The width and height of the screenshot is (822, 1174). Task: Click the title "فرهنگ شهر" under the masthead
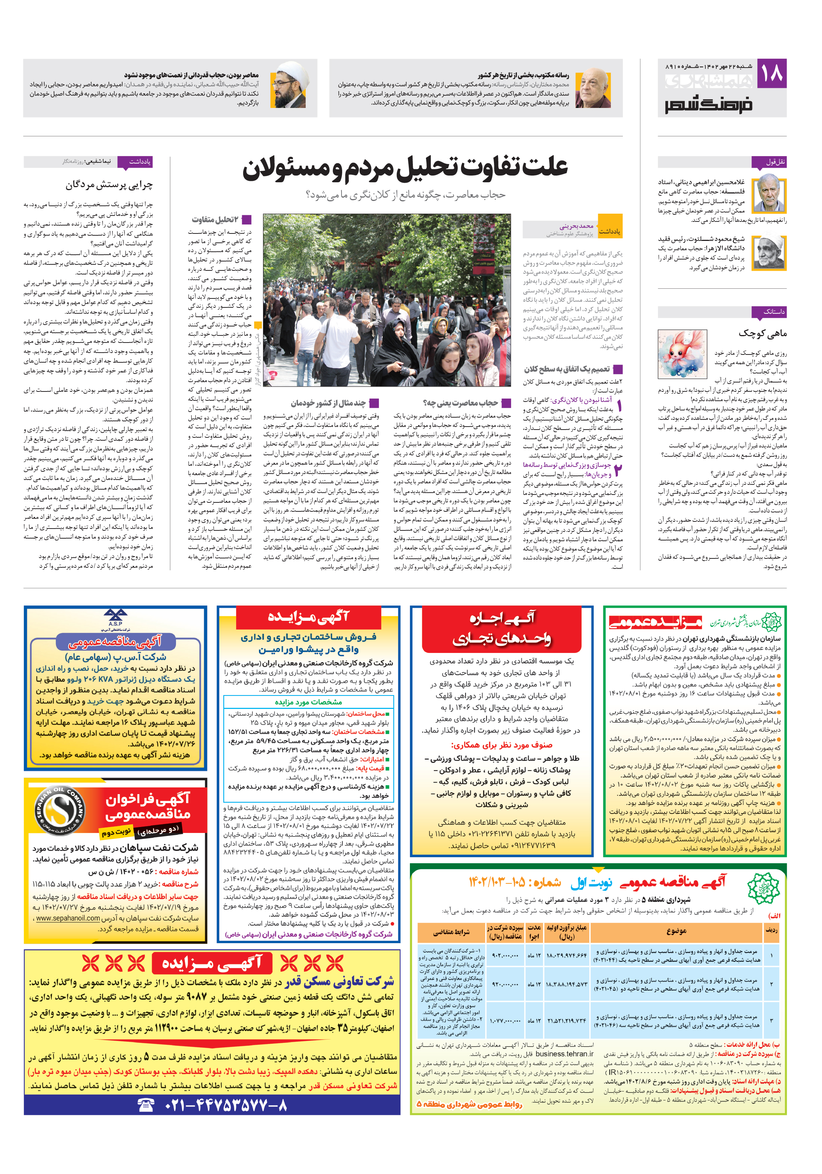(708, 105)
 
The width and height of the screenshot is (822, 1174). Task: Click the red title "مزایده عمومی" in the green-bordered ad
(656, 623)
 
